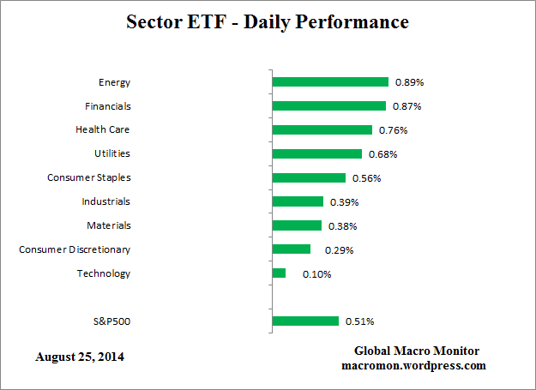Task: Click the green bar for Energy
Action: pyautogui.click(x=330, y=82)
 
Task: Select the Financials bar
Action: pyautogui.click(x=328, y=106)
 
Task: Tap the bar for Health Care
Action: pyautogui.click(x=322, y=130)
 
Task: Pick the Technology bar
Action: pyautogui.click(x=279, y=273)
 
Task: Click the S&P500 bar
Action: pyautogui.click(x=305, y=321)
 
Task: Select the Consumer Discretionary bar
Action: pyautogui.click(x=291, y=249)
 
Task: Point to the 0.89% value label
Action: pyautogui.click(x=410, y=83)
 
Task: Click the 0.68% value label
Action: pyautogui.click(x=382, y=154)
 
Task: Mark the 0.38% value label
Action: pyautogui.click(x=342, y=226)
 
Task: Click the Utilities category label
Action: pyautogui.click(x=112, y=153)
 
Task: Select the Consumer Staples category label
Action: pyautogui.click(x=89, y=177)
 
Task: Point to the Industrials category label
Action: pyautogui.click(x=106, y=201)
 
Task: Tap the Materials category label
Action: pyautogui.click(x=109, y=225)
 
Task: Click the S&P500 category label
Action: pyautogui.click(x=111, y=321)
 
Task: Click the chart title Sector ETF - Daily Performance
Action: pyautogui.click(x=268, y=21)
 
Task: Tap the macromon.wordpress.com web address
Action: pyautogui.click(x=413, y=365)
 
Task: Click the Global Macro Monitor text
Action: pyautogui.click(x=416, y=351)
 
